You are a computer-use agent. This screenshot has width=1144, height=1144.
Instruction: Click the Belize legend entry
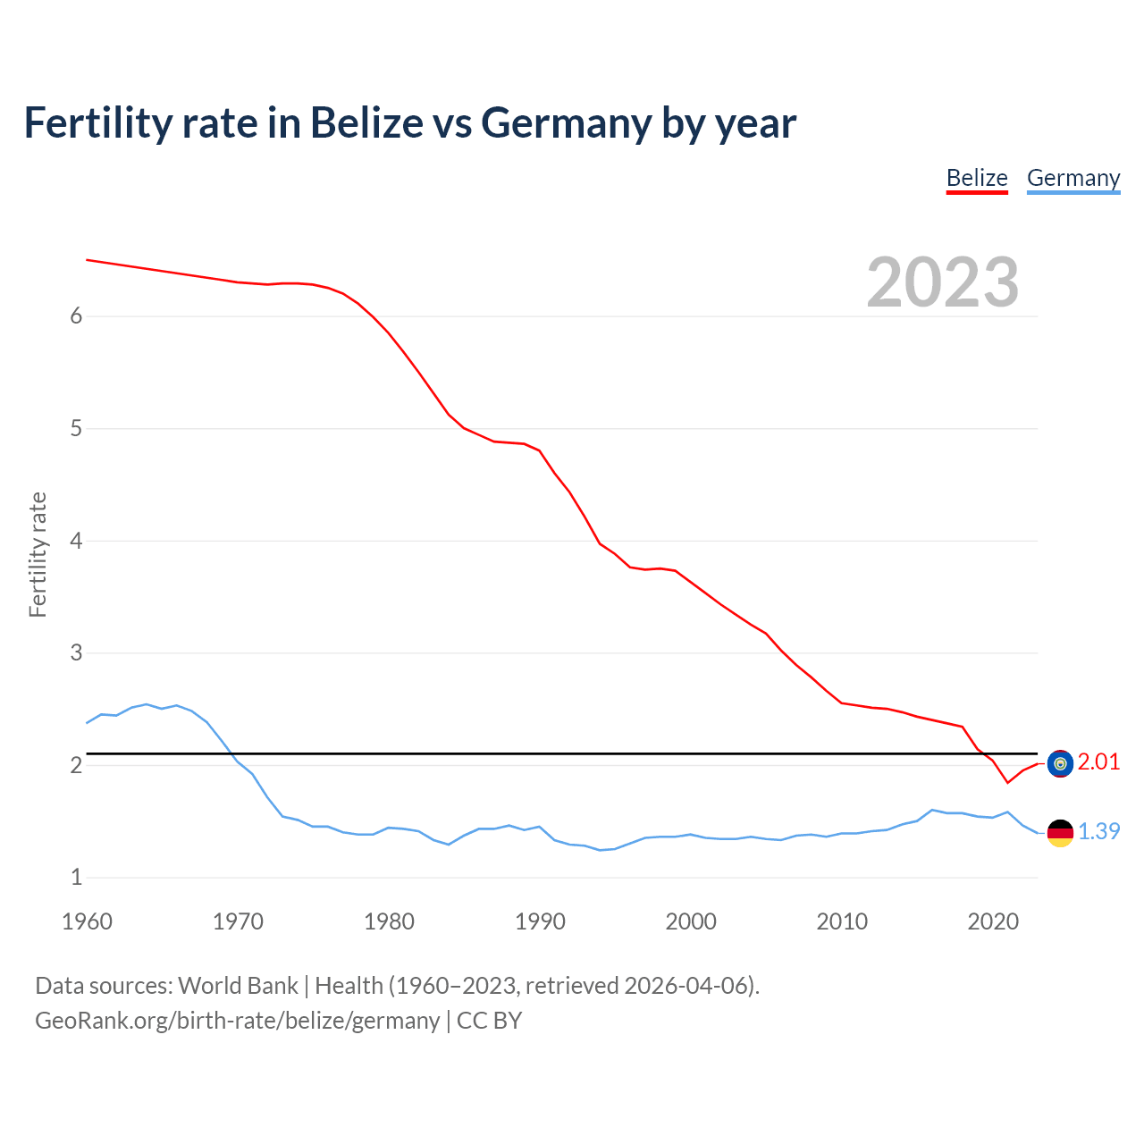coord(977,178)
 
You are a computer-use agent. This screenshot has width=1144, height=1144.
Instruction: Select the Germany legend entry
coord(1072,178)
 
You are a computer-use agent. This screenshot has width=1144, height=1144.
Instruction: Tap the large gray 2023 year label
coord(943,282)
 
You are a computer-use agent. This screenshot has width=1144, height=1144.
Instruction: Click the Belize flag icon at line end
coord(1060,763)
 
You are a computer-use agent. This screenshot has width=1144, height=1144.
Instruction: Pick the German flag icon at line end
coord(1060,832)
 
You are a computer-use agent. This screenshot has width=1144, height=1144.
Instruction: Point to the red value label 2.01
coord(1098,762)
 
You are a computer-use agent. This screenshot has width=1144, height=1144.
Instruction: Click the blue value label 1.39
coord(1098,831)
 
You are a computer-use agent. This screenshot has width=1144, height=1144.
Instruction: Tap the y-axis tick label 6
coord(76,316)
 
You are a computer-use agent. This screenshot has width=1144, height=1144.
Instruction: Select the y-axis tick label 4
coord(76,541)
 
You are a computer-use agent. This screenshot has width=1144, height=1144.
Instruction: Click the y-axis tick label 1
coord(76,878)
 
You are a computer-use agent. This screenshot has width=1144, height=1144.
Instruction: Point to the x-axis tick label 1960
coord(87,921)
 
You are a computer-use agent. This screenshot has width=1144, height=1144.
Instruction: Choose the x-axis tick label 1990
coord(540,921)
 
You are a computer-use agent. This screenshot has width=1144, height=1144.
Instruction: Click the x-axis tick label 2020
coord(993,921)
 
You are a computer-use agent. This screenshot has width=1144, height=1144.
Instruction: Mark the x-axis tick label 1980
coord(389,921)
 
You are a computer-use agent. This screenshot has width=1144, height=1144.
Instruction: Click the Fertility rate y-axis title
coord(38,554)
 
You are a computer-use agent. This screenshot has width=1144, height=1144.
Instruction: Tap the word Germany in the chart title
coord(566,123)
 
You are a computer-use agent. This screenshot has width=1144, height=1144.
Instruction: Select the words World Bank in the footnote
coord(238,986)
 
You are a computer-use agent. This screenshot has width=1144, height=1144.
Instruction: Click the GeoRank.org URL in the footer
coord(237,1021)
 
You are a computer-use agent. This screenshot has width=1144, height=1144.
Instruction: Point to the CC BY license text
coord(489,1021)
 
